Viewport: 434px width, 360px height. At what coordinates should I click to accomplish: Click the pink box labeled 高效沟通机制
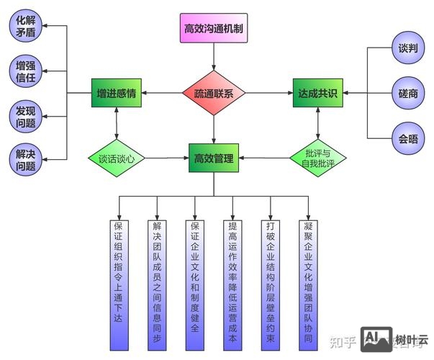[x=213, y=30]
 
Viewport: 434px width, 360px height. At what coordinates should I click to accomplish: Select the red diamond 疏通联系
[x=214, y=94]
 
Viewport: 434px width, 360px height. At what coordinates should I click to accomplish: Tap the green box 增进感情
[x=118, y=94]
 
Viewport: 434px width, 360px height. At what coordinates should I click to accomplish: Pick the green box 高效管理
[x=214, y=158]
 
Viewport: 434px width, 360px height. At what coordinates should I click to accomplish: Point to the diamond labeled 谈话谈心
[x=117, y=158]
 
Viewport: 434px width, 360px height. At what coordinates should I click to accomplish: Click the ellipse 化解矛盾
[x=26, y=24]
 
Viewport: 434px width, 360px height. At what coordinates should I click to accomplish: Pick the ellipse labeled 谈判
[x=408, y=48]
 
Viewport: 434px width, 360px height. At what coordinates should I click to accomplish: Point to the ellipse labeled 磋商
[x=408, y=93]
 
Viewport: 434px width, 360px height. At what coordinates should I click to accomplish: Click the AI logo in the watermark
[x=376, y=338]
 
